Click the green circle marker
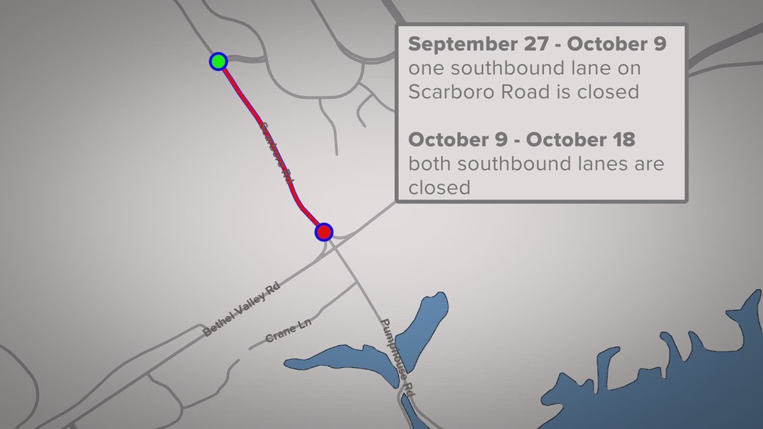click(x=218, y=62)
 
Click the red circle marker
click(x=324, y=232)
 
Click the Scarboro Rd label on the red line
click(x=276, y=153)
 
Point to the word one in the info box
click(x=424, y=68)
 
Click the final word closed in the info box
click(x=440, y=187)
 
